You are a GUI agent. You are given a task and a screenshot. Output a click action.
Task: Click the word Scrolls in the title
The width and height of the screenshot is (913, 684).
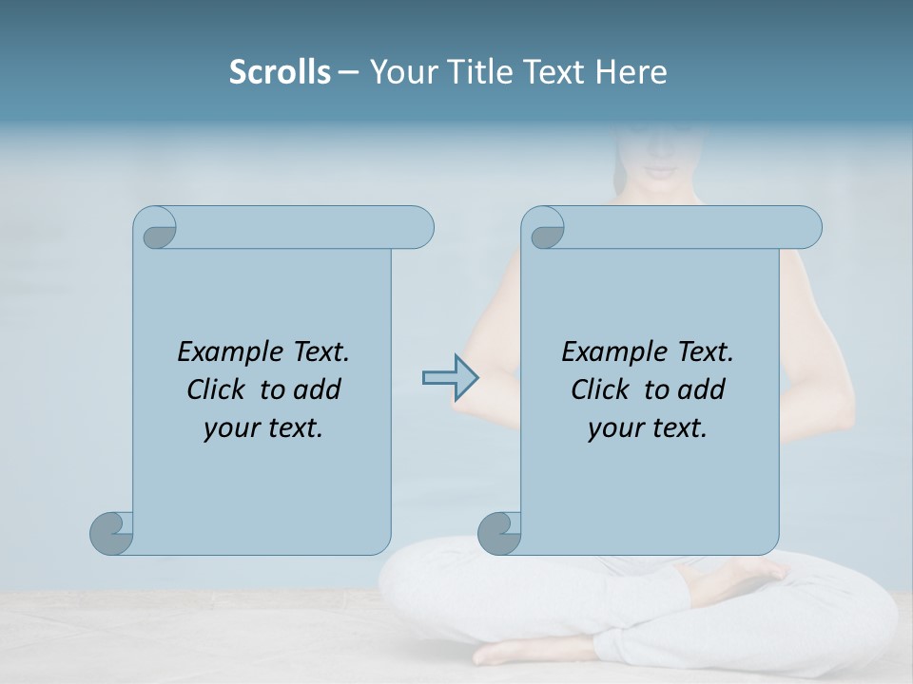[x=281, y=72]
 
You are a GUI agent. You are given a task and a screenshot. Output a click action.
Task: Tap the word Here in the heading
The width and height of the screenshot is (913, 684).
[x=631, y=72]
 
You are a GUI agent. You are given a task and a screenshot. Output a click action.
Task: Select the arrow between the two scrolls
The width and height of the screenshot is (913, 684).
[x=450, y=378]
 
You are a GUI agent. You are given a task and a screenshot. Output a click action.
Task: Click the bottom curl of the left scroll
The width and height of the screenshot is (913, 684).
[x=112, y=533]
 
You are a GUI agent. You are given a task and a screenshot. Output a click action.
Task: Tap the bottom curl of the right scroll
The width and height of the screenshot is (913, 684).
[x=499, y=533]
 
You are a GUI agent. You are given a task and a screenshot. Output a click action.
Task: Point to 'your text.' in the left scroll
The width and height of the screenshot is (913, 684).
[x=263, y=427]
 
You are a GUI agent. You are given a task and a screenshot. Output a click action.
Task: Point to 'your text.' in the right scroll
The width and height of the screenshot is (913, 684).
[x=648, y=427]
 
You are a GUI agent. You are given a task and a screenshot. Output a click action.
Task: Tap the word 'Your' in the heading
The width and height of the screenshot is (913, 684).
[x=399, y=72]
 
